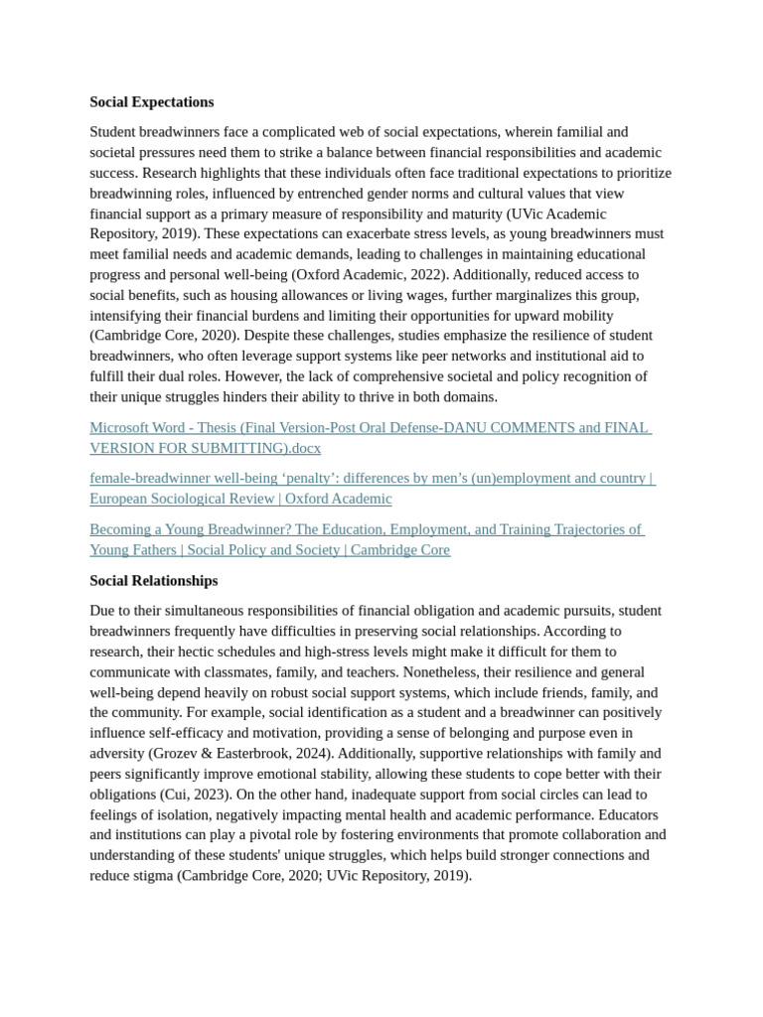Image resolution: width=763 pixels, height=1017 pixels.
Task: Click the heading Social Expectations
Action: pos(151,102)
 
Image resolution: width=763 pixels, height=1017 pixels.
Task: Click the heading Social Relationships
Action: pos(153,581)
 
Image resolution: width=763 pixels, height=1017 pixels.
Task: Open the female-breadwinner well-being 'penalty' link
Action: pos(372,479)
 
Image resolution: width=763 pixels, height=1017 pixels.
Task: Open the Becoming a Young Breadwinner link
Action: pos(366,529)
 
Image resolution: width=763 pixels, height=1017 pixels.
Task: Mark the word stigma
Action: pos(152,876)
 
